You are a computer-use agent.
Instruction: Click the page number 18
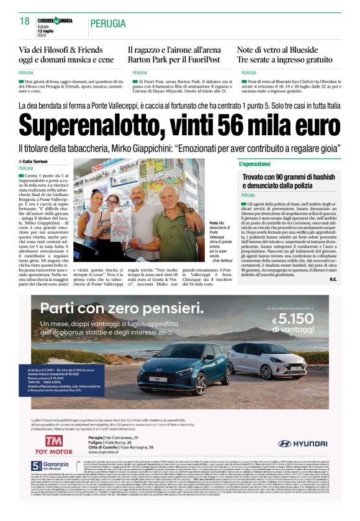click(24, 21)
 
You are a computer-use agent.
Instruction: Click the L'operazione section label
click(255, 164)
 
